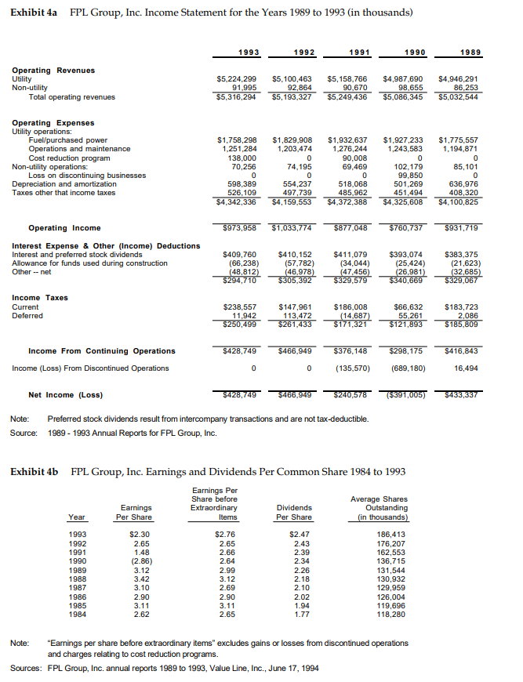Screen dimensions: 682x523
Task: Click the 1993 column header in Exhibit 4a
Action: (250, 52)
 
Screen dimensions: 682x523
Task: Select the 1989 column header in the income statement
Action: (470, 52)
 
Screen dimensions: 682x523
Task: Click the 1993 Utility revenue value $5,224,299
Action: (236, 79)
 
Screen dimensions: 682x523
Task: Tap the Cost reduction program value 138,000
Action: (241, 158)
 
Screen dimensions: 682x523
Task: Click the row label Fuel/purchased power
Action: (68, 140)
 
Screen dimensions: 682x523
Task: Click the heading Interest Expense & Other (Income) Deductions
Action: (106, 245)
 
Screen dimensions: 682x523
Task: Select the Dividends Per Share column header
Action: (294, 512)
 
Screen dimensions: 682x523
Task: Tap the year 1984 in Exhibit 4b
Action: (78, 615)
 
